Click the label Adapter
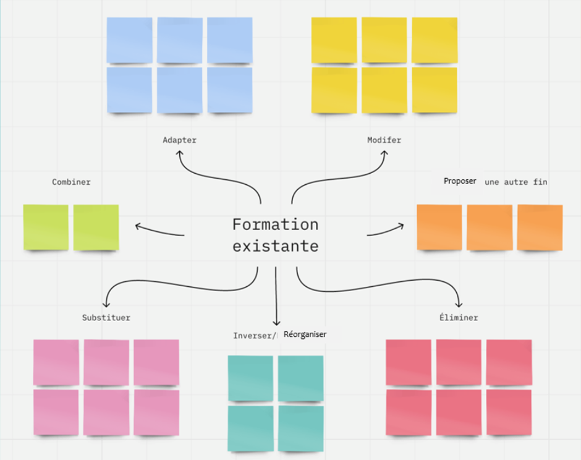click(x=179, y=140)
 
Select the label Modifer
click(x=384, y=140)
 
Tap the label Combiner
click(x=71, y=182)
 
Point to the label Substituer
click(x=106, y=318)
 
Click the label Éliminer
click(x=458, y=318)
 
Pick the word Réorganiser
click(x=305, y=334)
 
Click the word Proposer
click(x=460, y=181)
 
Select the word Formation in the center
click(x=275, y=224)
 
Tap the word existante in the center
click(x=275, y=246)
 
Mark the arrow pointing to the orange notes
click(x=386, y=230)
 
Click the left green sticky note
click(x=46, y=228)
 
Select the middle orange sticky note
click(x=490, y=228)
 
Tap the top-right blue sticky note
click(x=229, y=40)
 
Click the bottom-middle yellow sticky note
click(x=384, y=90)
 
